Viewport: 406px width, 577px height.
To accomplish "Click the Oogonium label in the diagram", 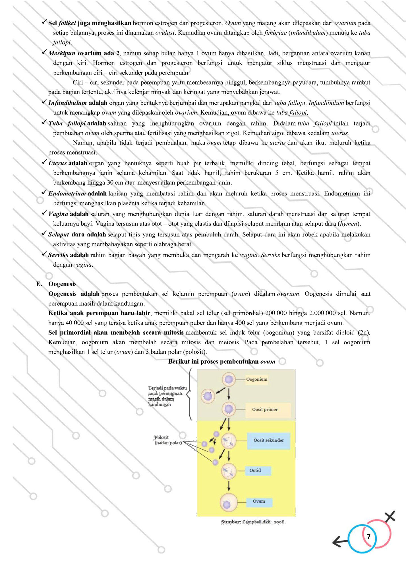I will tap(256, 379).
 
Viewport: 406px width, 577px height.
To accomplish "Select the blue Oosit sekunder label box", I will tap(268, 440).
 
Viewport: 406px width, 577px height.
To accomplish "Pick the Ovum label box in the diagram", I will tap(259, 501).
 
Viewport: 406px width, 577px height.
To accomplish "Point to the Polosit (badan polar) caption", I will tap(168, 440).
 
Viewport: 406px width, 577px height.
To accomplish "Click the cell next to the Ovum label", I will tap(229, 503).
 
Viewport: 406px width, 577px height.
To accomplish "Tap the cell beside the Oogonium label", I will tap(229, 379).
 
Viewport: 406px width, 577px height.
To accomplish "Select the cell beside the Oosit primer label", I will tap(229, 409).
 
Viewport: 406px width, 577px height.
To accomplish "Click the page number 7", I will tap(369, 537).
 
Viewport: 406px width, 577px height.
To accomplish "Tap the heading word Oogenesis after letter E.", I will tap(62, 284).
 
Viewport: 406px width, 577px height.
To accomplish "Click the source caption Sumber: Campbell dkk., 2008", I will tap(253, 522).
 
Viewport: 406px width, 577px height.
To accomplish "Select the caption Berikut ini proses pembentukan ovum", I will tap(222, 362).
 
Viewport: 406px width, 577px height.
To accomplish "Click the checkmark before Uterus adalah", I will tap(44, 162).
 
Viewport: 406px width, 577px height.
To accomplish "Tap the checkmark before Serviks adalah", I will tap(44, 254).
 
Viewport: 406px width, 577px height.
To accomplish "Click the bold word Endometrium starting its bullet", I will tap(67, 194).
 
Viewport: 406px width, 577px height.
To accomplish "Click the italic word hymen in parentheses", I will tap(349, 224).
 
